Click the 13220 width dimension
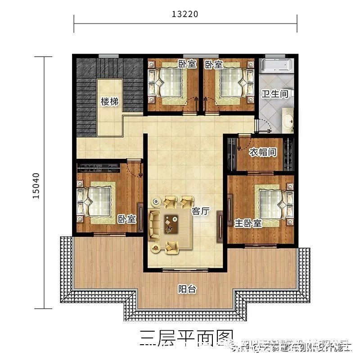pos(185,14)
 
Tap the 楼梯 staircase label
pos(110,102)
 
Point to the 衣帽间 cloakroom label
pos(263,152)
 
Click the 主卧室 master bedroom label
pos(248,223)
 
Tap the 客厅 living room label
pos(201,211)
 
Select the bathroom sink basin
pos(287,119)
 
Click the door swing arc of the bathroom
pos(264,125)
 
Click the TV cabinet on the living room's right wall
pos(220,223)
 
